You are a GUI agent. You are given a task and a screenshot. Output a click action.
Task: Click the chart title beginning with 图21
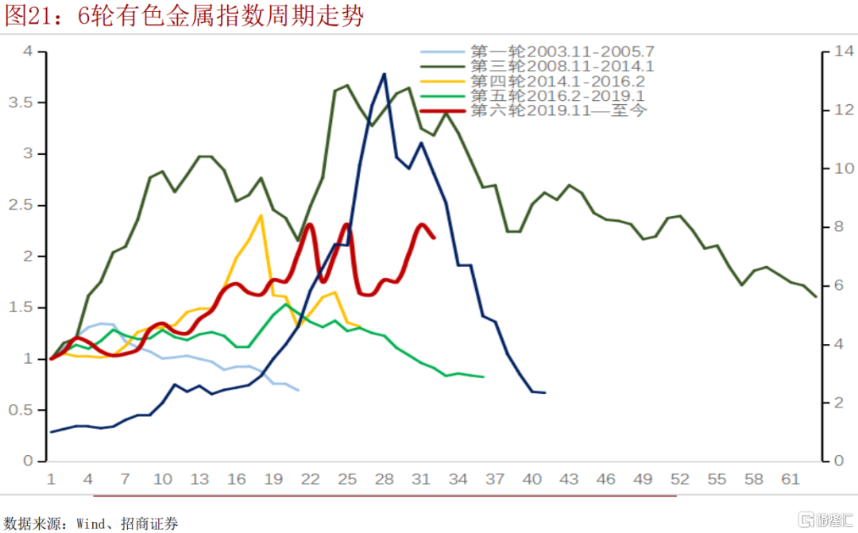184,16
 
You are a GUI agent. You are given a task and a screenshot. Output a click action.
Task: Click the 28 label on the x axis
384,480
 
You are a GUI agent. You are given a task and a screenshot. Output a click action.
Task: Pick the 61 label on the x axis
790,480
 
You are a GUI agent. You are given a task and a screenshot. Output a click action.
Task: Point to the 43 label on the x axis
569,480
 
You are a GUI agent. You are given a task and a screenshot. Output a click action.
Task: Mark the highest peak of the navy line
384,74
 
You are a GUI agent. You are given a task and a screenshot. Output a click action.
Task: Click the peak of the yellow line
261,215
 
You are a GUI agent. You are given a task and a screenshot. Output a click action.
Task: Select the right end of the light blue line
298,390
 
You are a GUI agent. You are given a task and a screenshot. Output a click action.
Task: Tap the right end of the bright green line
483,377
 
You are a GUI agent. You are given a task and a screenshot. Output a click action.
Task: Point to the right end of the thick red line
433,237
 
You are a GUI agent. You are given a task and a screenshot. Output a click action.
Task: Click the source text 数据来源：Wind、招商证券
91,523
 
